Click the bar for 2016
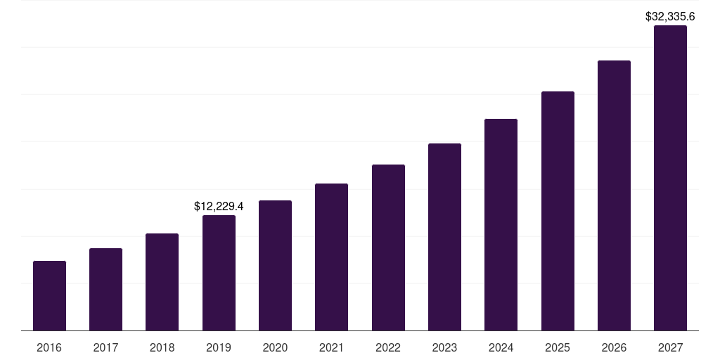coord(49,295)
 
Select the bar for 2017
coord(105,289)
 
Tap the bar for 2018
coord(162,282)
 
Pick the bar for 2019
coord(219,273)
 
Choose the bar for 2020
coord(275,265)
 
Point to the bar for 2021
coord(331,257)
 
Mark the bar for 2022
coord(388,247)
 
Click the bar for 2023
coord(444,237)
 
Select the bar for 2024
coord(501,224)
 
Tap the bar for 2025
coord(558,211)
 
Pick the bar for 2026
coord(614,195)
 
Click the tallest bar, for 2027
coord(670,178)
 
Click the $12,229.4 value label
coord(219,206)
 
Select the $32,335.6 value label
coord(670,16)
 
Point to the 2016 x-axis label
coord(49,347)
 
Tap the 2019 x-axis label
coord(219,347)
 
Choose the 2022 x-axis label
coord(388,347)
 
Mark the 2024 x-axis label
coord(501,347)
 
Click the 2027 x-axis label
coord(670,347)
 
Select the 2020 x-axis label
coord(275,347)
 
